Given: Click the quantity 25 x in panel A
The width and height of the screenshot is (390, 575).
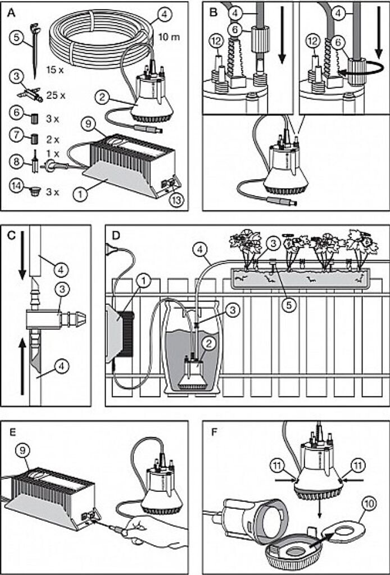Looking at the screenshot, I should point(55,95).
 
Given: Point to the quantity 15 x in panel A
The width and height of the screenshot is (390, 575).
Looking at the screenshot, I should point(54,71).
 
